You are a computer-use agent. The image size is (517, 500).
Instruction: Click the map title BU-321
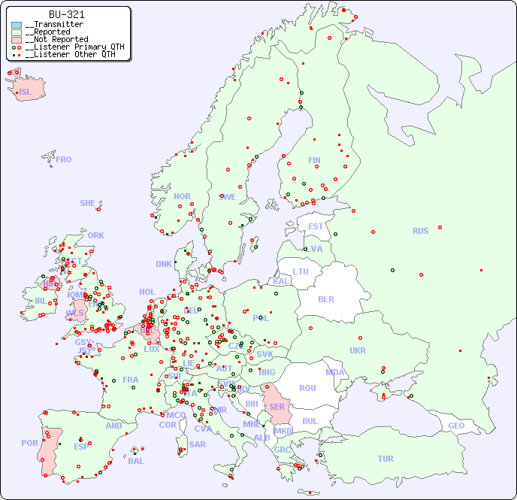(66, 14)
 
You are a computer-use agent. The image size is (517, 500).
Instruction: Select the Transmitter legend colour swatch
(17, 25)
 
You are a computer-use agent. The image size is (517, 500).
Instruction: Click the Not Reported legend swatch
(17, 39)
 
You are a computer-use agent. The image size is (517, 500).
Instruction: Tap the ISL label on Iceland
(26, 92)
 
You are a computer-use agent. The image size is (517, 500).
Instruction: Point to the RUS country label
(420, 231)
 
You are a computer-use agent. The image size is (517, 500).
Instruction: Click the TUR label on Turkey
(385, 459)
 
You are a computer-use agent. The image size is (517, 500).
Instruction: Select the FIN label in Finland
(314, 160)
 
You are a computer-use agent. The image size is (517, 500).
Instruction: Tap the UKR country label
(358, 350)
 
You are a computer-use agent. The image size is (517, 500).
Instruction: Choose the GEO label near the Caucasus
(456, 426)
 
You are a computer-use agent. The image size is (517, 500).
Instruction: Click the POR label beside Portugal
(29, 443)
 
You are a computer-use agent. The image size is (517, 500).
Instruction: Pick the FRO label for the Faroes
(64, 159)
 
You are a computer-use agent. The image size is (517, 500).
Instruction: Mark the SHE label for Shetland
(88, 203)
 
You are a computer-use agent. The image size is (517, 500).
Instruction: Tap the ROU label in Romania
(307, 388)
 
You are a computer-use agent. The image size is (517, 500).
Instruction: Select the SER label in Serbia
(277, 407)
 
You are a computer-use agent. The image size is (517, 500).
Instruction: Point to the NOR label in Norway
(182, 196)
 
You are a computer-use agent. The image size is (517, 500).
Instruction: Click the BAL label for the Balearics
(136, 461)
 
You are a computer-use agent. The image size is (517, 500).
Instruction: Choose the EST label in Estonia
(316, 226)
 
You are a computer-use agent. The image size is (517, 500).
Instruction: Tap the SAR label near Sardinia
(198, 444)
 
